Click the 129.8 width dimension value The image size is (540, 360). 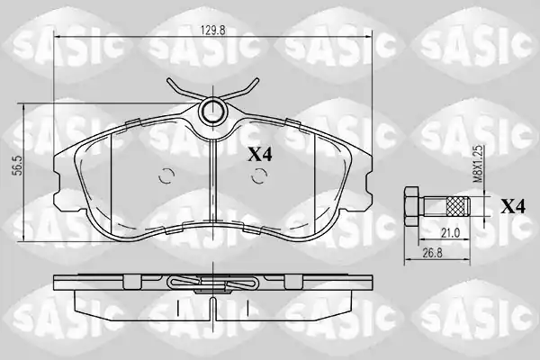[212, 30]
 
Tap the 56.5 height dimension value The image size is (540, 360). [18, 165]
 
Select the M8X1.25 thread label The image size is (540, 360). [477, 164]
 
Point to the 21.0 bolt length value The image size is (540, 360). [451, 233]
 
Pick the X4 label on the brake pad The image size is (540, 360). [260, 155]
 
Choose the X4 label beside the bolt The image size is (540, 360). [513, 206]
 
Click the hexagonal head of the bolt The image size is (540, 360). [411, 206]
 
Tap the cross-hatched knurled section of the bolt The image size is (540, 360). [454, 206]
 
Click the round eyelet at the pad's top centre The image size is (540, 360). [212, 111]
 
